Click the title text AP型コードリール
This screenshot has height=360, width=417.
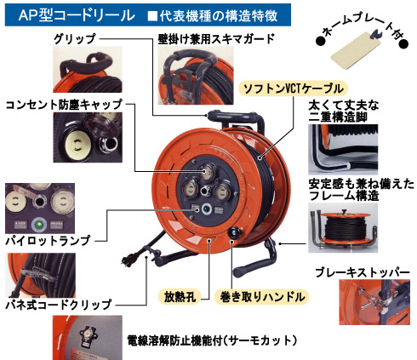77,15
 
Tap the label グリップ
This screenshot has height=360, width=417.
75,38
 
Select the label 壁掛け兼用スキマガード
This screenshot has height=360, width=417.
216,38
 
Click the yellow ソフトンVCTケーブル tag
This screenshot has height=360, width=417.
294,89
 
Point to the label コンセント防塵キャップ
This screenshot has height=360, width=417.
64,105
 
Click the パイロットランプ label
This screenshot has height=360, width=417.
48,241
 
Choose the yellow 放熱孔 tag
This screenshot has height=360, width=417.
180,297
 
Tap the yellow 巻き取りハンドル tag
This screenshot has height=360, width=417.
262,297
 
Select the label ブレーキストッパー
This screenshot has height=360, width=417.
363,272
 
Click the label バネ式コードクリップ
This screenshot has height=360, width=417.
59,305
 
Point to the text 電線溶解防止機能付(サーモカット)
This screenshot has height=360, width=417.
212,340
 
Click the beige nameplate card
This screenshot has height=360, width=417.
356,52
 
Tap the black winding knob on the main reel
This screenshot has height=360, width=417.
235,232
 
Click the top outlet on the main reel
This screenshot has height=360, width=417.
207,172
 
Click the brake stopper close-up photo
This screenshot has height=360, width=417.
374,302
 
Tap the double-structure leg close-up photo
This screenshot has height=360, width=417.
343,150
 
